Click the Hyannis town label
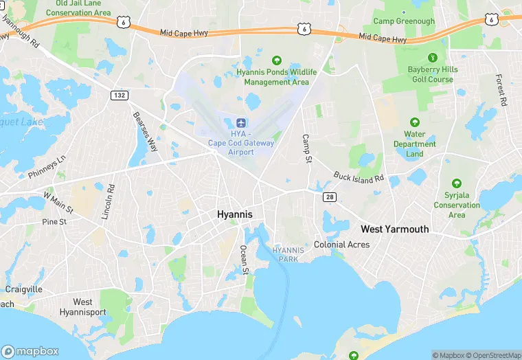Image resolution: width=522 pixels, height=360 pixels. [x=234, y=214]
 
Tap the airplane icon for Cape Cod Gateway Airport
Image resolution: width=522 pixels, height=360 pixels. [x=240, y=122]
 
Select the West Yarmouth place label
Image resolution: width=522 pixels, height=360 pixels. [x=395, y=229]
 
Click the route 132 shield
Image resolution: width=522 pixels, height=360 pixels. [x=119, y=95]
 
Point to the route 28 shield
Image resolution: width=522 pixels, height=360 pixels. [x=329, y=196]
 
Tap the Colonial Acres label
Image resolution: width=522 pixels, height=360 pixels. [x=341, y=245]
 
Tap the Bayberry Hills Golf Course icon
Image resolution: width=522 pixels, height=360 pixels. [x=431, y=58]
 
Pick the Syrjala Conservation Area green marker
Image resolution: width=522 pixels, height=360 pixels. [x=457, y=183]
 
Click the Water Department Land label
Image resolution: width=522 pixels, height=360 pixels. [x=414, y=144]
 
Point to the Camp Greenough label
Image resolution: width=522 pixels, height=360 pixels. [x=404, y=21]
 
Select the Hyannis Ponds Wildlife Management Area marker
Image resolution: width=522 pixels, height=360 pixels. [x=277, y=60]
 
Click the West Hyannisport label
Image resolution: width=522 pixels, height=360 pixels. [x=82, y=307]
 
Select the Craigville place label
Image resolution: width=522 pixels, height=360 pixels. [x=24, y=289]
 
